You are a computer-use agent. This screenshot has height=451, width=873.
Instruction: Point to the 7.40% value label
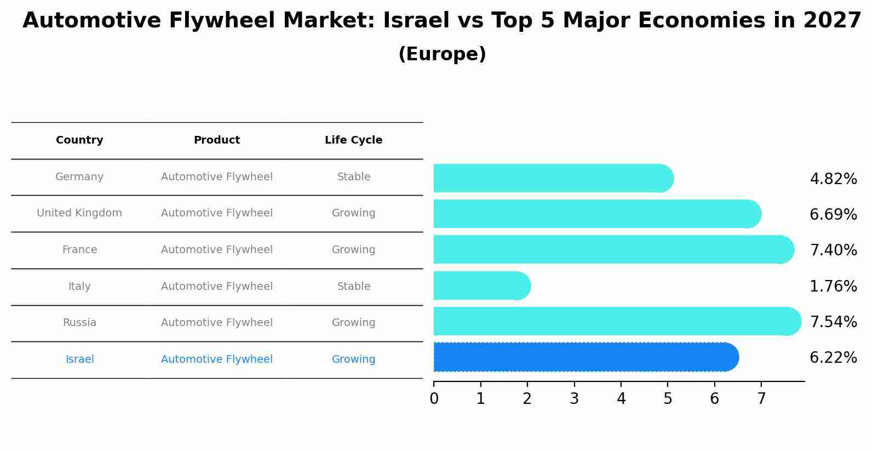[x=833, y=250]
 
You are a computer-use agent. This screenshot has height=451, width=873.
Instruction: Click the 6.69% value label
[x=833, y=214]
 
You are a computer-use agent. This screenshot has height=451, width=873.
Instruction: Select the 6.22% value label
[x=833, y=358]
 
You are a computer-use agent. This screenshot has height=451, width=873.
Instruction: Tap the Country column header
[x=79, y=140]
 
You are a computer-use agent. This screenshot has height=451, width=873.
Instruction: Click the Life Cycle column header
[x=353, y=140]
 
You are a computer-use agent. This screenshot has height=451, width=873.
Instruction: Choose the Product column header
[x=216, y=140]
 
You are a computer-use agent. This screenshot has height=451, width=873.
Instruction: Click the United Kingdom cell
[x=79, y=213]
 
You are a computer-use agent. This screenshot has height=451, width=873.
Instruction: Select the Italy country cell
[x=79, y=287]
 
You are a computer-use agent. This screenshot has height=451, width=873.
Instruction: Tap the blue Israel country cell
[x=79, y=359]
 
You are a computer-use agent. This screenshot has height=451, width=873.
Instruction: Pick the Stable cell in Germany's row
[x=353, y=177]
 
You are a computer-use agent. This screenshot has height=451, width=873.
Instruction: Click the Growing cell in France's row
[x=353, y=250]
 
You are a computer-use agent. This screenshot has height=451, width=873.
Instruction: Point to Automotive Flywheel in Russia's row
[x=216, y=323]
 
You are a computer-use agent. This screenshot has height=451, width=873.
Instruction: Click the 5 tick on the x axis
[x=668, y=398]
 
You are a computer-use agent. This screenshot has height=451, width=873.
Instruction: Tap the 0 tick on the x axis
[x=434, y=398]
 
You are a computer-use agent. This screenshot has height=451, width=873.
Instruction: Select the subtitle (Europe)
[x=442, y=54]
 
